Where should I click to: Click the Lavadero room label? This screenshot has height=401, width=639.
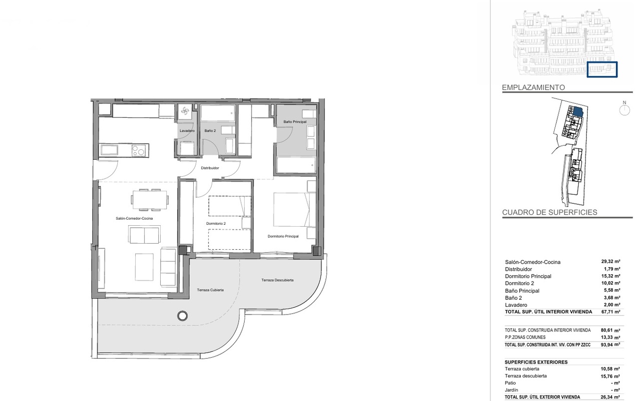point(187,131)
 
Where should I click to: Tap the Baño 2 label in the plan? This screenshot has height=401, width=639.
point(210,131)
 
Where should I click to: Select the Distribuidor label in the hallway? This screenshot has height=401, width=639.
point(210,168)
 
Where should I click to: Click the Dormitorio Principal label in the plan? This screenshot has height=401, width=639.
point(283,236)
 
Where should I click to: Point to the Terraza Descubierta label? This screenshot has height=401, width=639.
point(278,280)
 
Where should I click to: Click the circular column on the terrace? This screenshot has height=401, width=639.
point(182,316)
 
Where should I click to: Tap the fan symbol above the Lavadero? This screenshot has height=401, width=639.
point(185,111)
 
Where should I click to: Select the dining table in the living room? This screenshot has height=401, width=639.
point(149,200)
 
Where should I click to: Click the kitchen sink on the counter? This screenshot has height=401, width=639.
point(109,150)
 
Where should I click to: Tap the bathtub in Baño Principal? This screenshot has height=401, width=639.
point(296,165)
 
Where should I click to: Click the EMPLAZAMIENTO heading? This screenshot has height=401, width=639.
point(534,87)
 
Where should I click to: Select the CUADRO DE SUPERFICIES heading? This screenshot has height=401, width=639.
point(550,212)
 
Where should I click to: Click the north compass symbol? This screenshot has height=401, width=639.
point(625,109)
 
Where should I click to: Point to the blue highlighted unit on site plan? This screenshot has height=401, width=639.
point(578,111)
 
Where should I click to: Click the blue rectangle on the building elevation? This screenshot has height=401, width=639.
point(602,69)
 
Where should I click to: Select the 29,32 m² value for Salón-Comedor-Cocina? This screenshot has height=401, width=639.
point(611,262)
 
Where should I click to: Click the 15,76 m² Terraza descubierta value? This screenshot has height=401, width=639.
point(610,376)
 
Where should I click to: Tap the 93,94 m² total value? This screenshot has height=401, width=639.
point(611,345)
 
